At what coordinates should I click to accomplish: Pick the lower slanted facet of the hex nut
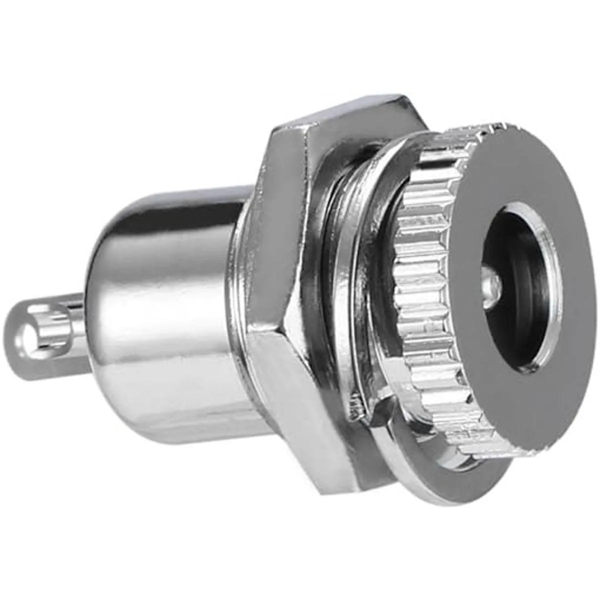(300, 400)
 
